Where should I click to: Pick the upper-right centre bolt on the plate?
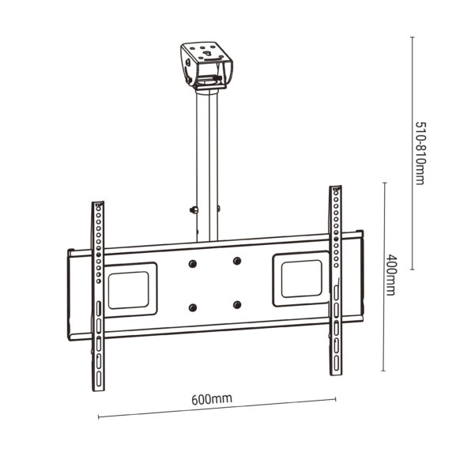[236, 260]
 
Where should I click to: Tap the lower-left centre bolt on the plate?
[190, 307]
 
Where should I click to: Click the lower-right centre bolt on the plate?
[236, 304]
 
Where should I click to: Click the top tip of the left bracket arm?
[98, 203]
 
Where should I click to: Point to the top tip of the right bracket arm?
[336, 190]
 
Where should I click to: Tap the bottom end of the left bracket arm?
[99, 388]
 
